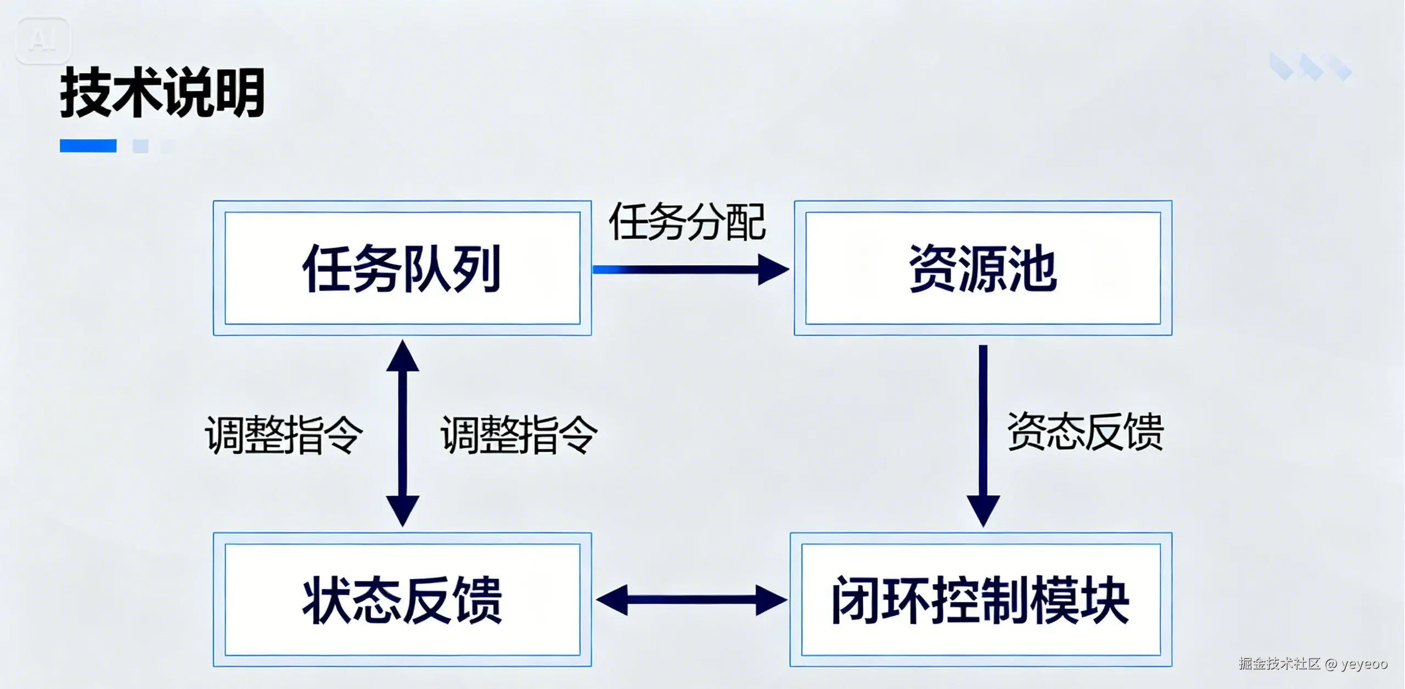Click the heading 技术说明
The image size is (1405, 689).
[162, 92]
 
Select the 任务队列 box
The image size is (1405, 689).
[402, 268]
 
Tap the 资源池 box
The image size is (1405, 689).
[983, 268]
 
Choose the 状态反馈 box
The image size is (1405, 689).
[402, 600]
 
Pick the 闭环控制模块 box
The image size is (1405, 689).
[981, 600]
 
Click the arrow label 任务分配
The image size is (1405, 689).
[687, 222]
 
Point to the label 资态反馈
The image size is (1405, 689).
[1085, 432]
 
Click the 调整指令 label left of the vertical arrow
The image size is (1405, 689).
[284, 434]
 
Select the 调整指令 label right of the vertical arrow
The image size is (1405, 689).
[519, 434]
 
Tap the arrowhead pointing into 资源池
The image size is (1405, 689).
[773, 270]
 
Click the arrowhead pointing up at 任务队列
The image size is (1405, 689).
[403, 356]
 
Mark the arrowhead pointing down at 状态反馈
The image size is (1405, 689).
[403, 510]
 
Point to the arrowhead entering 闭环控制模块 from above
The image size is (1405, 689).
[983, 510]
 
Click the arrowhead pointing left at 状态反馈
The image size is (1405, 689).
[612, 600]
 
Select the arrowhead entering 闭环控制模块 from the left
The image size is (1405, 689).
[771, 600]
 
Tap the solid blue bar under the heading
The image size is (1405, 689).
[88, 145]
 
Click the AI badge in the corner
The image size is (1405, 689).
[43, 40]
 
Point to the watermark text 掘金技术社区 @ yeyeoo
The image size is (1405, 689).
[1313, 664]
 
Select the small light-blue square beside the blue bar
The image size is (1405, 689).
[140, 146]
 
